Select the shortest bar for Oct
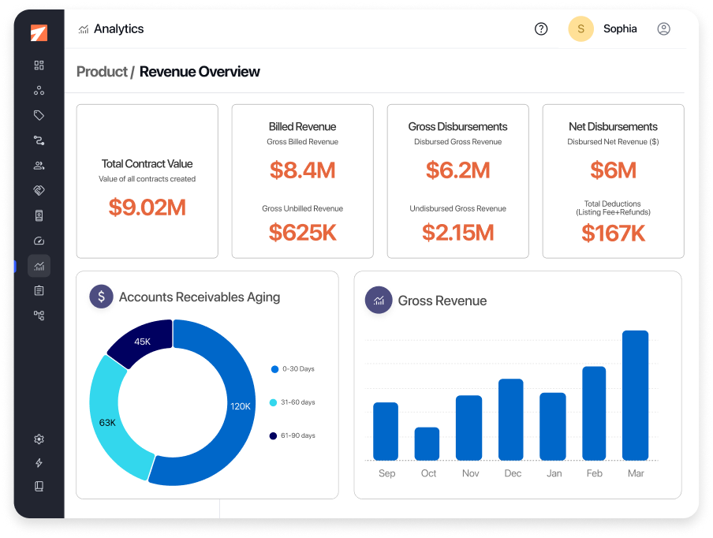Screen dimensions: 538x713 (427, 443)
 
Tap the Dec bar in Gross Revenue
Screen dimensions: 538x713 (510, 419)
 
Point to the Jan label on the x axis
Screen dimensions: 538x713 (554, 473)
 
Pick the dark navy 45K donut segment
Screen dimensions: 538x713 (140, 342)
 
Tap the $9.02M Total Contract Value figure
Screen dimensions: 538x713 (147, 207)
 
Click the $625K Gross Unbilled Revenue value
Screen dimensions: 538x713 (302, 232)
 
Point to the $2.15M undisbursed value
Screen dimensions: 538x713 (457, 232)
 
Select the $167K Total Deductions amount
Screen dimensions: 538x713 (613, 233)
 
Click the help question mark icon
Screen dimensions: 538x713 (541, 29)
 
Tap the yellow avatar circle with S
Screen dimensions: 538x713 (580, 29)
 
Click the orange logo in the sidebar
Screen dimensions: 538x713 (39, 33)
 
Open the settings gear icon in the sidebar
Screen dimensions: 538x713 (39, 439)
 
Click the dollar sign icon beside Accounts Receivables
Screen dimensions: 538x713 (101, 297)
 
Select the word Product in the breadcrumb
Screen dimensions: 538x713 (101, 72)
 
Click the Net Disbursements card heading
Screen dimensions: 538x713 (613, 126)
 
